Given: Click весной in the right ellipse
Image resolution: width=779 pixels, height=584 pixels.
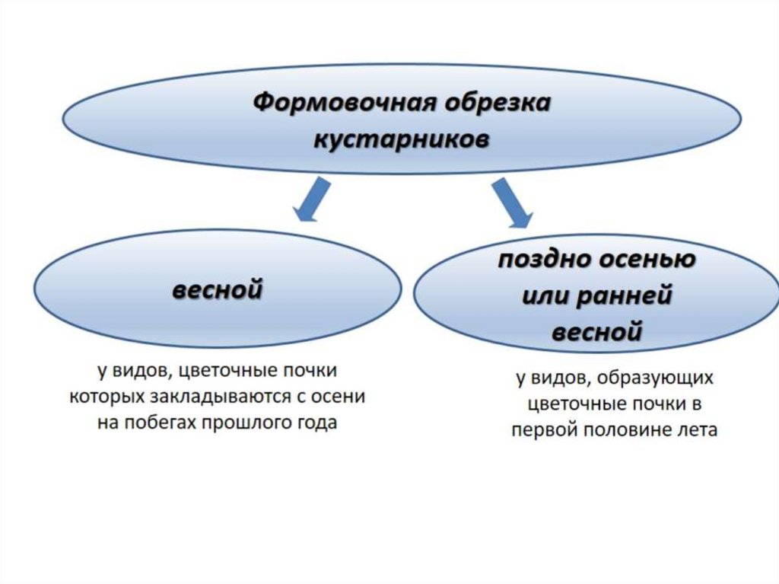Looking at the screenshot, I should point(597,332).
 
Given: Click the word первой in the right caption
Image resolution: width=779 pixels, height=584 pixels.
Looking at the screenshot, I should point(544,429).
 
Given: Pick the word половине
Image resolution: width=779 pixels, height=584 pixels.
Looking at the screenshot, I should point(624,429).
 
